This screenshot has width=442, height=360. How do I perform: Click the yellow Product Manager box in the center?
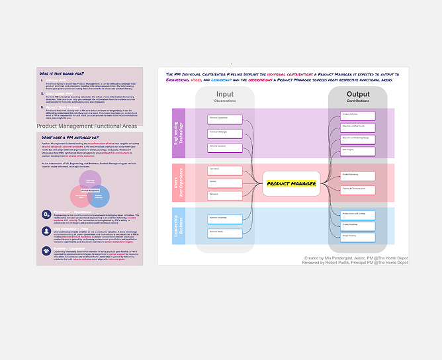click(291, 183)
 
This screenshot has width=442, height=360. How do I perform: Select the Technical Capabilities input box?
click(225, 119)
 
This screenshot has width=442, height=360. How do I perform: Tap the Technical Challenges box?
click(225, 132)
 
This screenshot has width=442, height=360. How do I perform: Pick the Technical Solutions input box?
click(225, 146)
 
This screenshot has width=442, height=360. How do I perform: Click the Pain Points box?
click(225, 169)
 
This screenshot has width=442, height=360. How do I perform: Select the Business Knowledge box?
click(225, 218)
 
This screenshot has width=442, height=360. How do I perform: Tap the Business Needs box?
click(225, 232)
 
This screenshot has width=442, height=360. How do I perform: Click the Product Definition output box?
click(358, 116)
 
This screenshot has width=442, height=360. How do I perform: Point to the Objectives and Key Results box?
click(358, 126)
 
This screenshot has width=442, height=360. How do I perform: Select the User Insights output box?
click(358, 150)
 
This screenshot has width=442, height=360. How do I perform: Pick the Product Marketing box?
click(358, 175)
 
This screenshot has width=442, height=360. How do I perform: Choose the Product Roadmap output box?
click(358, 225)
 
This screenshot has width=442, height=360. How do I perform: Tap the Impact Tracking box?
click(358, 236)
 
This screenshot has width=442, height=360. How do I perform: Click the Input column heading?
click(225, 95)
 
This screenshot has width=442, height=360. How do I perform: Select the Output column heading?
click(358, 95)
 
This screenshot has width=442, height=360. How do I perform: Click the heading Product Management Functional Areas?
click(87, 126)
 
